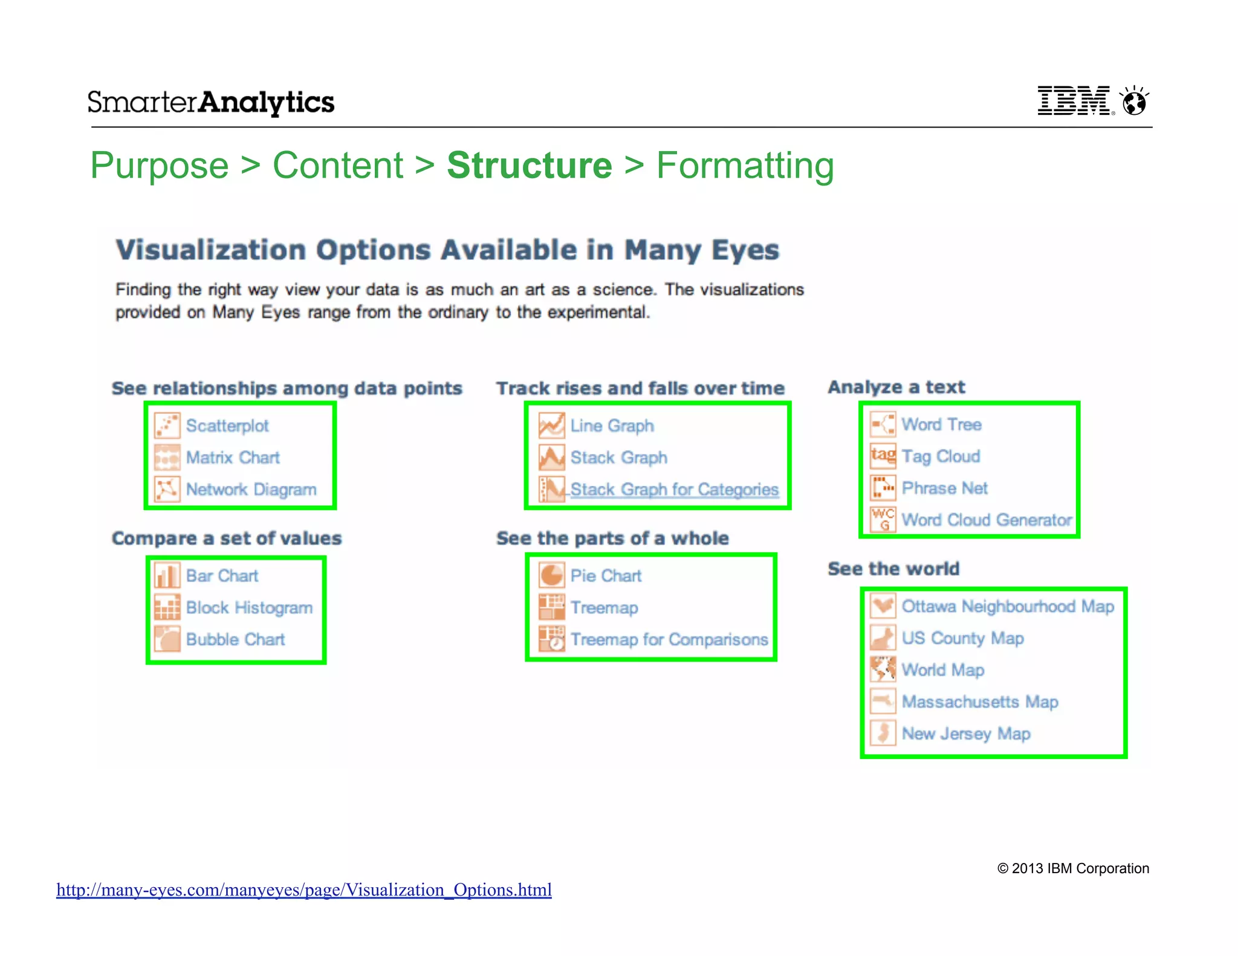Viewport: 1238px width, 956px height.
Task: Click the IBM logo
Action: point(1074,101)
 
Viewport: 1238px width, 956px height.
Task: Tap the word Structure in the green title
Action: point(530,166)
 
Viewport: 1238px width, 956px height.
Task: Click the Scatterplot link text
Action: point(227,425)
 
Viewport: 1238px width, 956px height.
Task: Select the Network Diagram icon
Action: point(167,489)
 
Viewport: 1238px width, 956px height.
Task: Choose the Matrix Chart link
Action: point(233,457)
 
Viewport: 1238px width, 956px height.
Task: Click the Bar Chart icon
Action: point(167,575)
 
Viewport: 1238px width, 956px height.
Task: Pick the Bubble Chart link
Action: point(235,639)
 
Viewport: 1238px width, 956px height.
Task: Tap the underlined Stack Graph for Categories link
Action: point(674,489)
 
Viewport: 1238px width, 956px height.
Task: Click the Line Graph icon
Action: point(551,425)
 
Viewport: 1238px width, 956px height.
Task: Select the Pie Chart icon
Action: point(551,575)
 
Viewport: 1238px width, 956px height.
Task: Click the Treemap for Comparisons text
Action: point(669,639)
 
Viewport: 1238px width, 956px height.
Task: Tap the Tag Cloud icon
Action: point(883,456)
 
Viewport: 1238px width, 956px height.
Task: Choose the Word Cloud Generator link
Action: point(986,520)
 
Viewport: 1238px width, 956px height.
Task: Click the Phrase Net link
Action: point(944,488)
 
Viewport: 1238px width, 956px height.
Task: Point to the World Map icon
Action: point(883,670)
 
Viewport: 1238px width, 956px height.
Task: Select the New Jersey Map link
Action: point(965,734)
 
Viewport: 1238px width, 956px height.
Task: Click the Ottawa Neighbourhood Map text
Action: point(1007,606)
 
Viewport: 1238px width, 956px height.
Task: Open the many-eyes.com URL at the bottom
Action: point(304,890)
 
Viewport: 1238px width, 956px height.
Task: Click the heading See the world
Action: point(893,569)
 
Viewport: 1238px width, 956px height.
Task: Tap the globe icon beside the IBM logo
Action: point(1134,101)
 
